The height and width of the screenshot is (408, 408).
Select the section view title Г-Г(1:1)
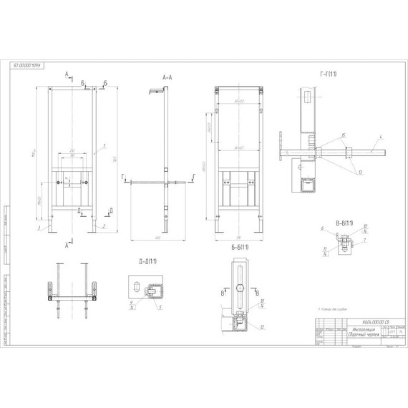click(x=330, y=74)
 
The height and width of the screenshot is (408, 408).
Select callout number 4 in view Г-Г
click(x=382, y=136)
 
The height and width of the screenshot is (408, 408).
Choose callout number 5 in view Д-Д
click(x=160, y=309)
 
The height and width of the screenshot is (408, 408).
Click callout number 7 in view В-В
click(x=366, y=241)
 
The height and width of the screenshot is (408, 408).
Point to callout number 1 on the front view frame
click(x=105, y=146)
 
